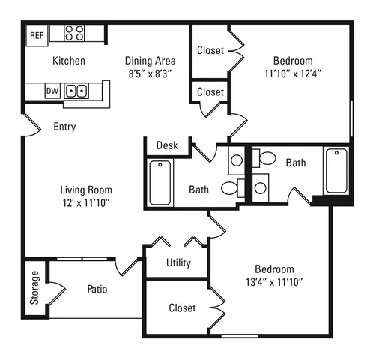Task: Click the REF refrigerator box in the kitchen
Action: coord(37,35)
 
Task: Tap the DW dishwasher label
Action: coord(52,91)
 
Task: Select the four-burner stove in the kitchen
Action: coord(74,33)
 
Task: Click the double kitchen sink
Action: coord(76,91)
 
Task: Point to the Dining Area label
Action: coord(151,61)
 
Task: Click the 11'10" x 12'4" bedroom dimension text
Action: coord(293,73)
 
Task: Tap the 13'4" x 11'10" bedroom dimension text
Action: coord(274,282)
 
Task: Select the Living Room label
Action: coord(86,190)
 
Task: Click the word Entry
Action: coord(64,127)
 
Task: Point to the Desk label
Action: coord(167,145)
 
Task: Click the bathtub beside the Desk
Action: coord(160,183)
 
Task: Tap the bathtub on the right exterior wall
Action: coord(336,171)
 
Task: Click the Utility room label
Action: coord(178,262)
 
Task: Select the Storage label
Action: coord(34,287)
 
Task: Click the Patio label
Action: coord(97,289)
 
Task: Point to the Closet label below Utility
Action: coord(182,307)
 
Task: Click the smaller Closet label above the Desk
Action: coord(210,91)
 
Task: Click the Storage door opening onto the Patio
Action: coord(57,293)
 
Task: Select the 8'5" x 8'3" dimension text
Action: coord(150,73)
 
